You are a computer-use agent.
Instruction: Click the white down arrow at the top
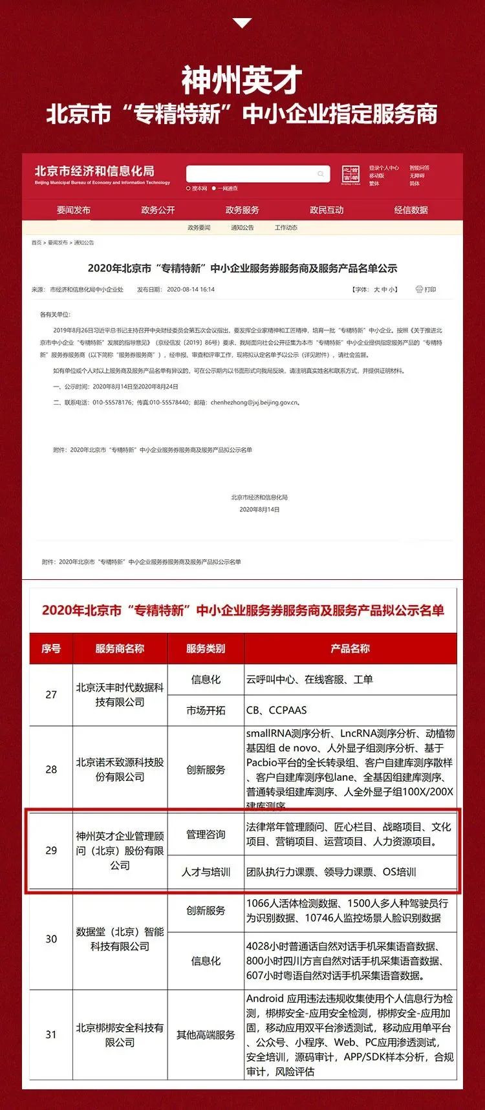242,23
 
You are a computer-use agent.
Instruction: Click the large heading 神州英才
242,81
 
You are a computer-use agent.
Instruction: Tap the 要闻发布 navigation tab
74,210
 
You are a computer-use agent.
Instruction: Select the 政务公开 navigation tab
158,210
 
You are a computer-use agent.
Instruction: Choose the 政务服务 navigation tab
242,210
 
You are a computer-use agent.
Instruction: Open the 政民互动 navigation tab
327,210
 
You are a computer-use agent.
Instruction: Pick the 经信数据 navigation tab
411,210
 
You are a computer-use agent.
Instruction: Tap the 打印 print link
426,290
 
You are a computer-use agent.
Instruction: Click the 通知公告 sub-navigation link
242,228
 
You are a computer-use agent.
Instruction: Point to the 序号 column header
51,648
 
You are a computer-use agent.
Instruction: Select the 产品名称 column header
350,648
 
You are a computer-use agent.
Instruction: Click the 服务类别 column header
206,648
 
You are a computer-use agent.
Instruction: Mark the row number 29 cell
51,850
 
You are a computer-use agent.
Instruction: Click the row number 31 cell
51,1034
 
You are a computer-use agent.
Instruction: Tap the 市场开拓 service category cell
206,710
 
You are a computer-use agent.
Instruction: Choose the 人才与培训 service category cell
206,872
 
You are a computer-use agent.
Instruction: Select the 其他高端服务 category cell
206,1034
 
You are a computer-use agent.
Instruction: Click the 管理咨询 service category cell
206,835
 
